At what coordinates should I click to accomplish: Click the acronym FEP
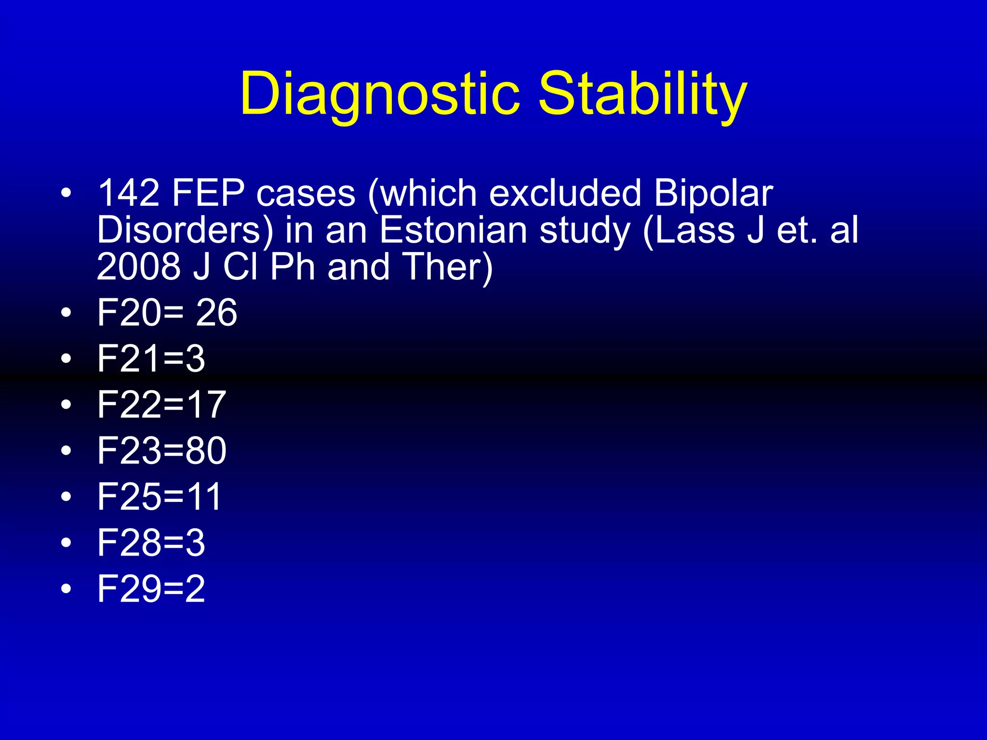pos(208,193)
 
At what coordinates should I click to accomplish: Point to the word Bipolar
pos(713,193)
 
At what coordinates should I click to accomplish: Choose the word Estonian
pos(453,230)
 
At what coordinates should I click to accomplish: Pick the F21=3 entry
pos(151,358)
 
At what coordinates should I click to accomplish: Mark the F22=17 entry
pos(161,404)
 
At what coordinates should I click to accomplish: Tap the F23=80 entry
pos(161,450)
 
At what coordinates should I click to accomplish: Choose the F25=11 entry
pos(160,496)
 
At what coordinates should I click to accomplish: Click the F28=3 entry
pos(151,542)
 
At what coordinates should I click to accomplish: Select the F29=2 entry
pos(151,588)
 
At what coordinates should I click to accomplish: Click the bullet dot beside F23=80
pos(67,451)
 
